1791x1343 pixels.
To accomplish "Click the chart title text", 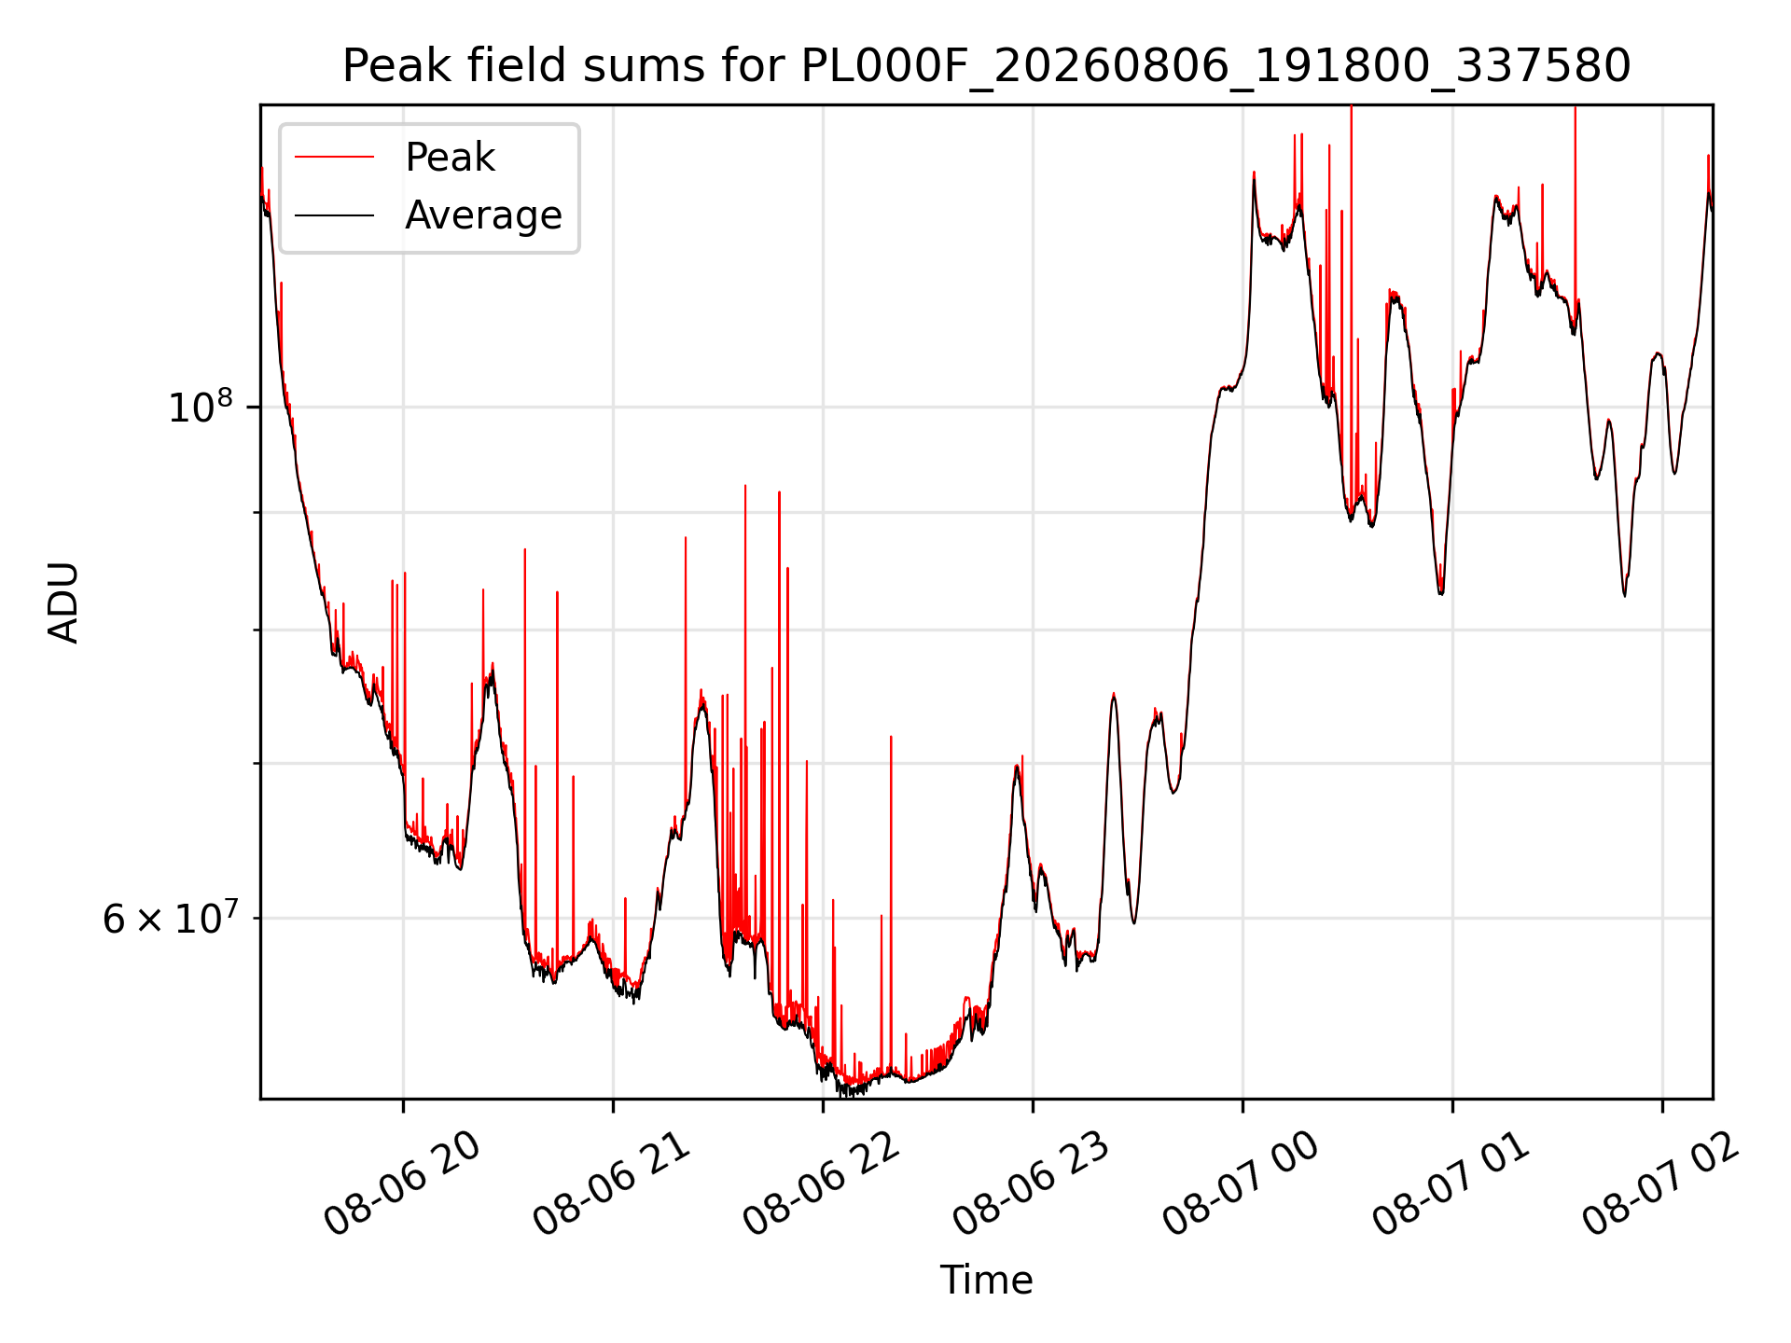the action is pyautogui.click(x=986, y=66).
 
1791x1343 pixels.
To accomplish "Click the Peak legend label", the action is pyautogui.click(x=450, y=158).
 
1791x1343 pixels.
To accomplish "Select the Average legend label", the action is pyautogui.click(x=483, y=215).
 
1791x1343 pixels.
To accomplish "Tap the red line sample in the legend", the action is pyautogui.click(x=334, y=158).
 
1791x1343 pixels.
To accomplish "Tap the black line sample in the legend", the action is pyautogui.click(x=334, y=215).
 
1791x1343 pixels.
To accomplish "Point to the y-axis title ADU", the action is pyautogui.click(x=63, y=602).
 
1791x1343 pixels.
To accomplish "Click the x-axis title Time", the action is pyautogui.click(x=986, y=1280).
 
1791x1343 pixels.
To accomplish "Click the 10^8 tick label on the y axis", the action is pyautogui.click(x=200, y=407).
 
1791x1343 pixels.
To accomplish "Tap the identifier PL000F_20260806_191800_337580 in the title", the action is pyautogui.click(x=1216, y=67).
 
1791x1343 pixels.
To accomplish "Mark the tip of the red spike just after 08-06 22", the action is pyautogui.click(x=891, y=737).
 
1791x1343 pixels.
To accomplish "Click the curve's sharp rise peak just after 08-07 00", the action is pyautogui.click(x=1254, y=173).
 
